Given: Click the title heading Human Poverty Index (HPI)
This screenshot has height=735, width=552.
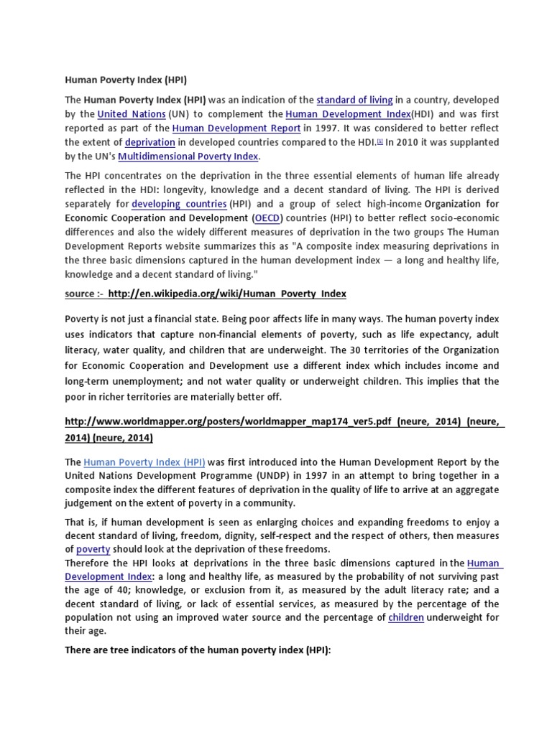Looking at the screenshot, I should click(x=126, y=80).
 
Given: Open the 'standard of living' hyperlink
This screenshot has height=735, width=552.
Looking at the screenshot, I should click(x=354, y=100).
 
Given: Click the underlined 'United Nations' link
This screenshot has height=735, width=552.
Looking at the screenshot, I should click(x=132, y=114).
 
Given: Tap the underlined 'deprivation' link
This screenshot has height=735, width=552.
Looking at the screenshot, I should click(x=149, y=142).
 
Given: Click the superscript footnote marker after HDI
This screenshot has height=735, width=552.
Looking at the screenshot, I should click(x=379, y=141).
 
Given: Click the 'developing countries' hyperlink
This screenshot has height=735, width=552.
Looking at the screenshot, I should click(x=179, y=204).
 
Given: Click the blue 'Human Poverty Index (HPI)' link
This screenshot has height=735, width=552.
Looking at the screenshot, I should click(x=144, y=462).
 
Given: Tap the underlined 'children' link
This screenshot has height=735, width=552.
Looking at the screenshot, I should click(x=406, y=617).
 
